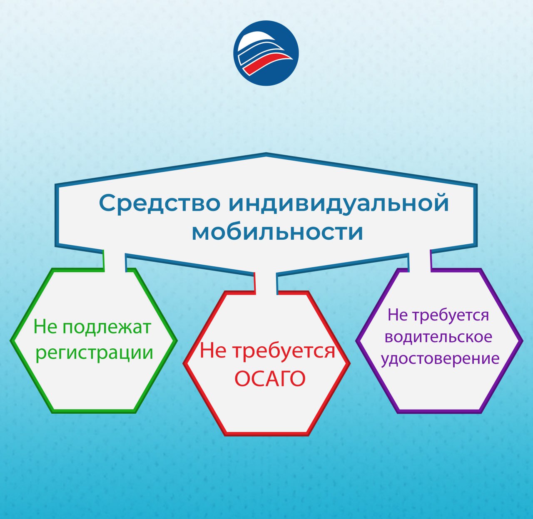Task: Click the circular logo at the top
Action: (x=266, y=53)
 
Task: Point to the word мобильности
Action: (x=277, y=232)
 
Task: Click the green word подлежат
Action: (x=107, y=328)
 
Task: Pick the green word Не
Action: (x=45, y=326)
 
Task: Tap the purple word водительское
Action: (x=438, y=337)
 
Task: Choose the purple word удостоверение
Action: (x=440, y=359)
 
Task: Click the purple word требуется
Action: (x=451, y=315)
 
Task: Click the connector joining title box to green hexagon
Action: (x=115, y=261)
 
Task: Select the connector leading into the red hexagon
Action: (x=266, y=283)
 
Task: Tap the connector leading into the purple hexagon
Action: (x=420, y=261)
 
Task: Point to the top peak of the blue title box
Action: (x=266, y=154)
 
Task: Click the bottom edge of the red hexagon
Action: (x=266, y=434)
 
